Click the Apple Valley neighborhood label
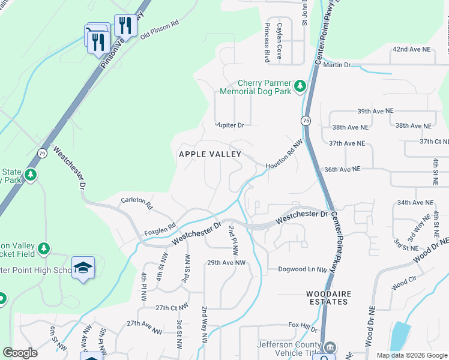coord(210,154)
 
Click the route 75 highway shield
coord(306,121)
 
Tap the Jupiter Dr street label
coord(231,125)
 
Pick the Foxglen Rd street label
coord(159,229)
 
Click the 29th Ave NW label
coord(226,263)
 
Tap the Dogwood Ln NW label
coord(302,269)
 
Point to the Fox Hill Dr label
coord(302,326)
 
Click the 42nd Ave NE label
coord(412,49)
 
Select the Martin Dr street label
coord(336,65)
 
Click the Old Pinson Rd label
coord(160,31)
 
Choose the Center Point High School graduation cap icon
coord(83,268)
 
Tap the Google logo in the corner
coord(20,353)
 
